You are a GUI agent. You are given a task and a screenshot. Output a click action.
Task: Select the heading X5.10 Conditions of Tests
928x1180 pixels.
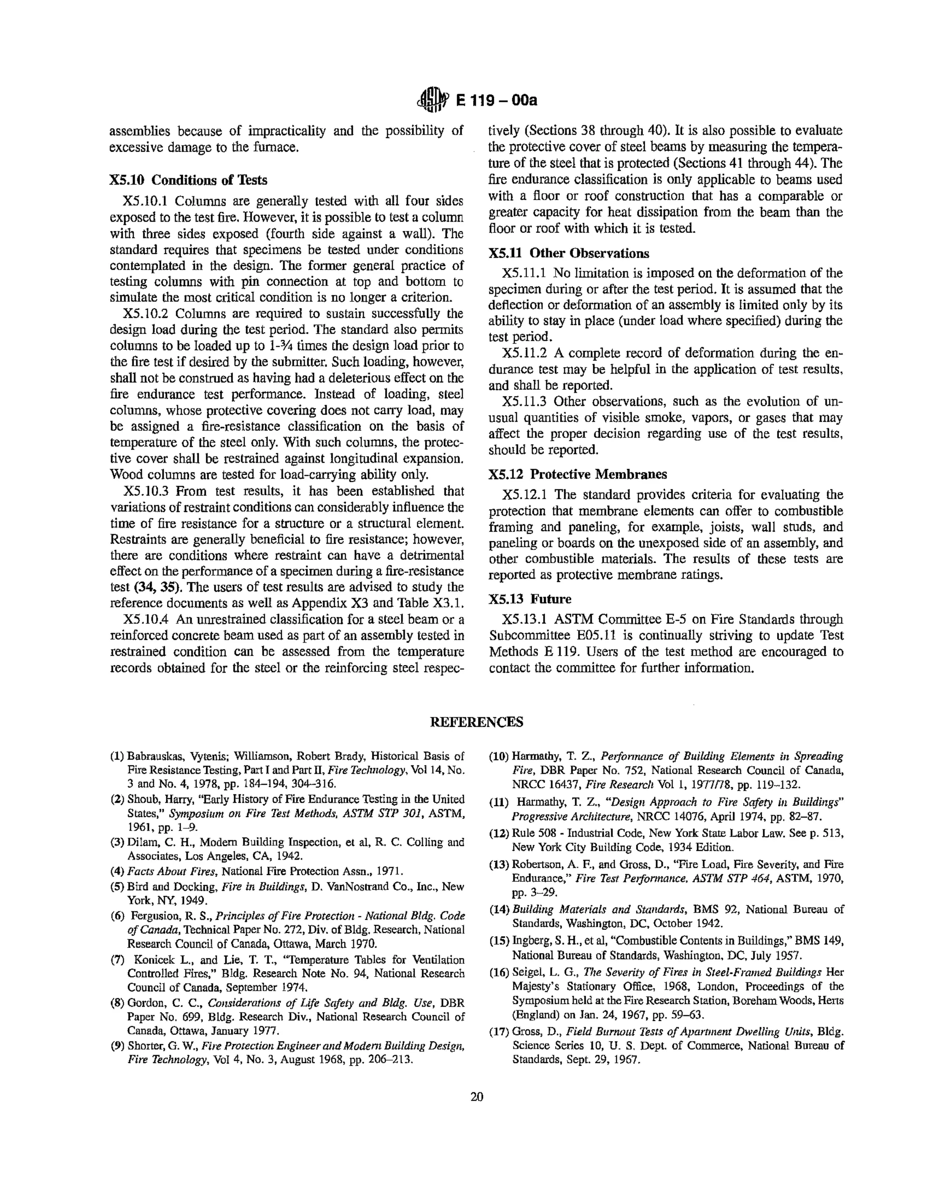pos(188,180)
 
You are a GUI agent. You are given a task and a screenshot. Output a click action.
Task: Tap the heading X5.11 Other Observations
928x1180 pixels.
pos(568,253)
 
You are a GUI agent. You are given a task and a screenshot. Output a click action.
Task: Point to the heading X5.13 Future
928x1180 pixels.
pos(530,599)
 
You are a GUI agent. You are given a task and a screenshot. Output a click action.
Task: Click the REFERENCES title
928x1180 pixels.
pos(477,722)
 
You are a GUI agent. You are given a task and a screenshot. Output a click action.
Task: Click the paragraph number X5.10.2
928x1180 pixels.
pos(146,314)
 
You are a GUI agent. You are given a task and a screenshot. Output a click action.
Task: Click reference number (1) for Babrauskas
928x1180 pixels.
pos(117,756)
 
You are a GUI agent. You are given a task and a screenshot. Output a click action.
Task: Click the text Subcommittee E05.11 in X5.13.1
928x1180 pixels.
pos(549,636)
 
